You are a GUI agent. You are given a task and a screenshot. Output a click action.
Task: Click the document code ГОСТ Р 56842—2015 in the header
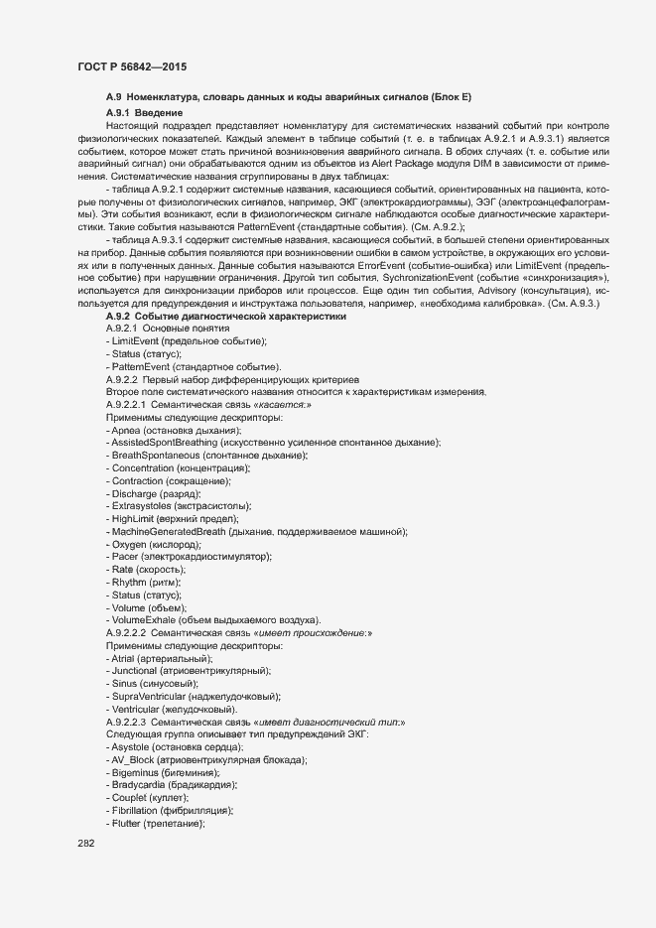132,66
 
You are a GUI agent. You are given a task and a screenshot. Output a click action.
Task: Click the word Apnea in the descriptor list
126,431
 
